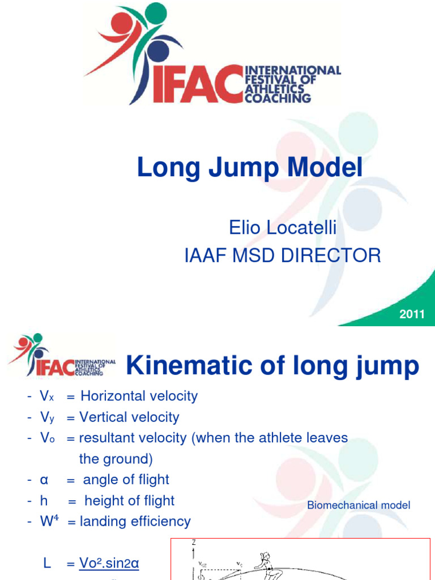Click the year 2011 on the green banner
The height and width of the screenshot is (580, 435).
[412, 314]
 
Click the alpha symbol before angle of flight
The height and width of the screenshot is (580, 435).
[43, 480]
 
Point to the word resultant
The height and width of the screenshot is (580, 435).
[105, 438]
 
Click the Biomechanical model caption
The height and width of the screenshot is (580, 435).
[359, 505]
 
